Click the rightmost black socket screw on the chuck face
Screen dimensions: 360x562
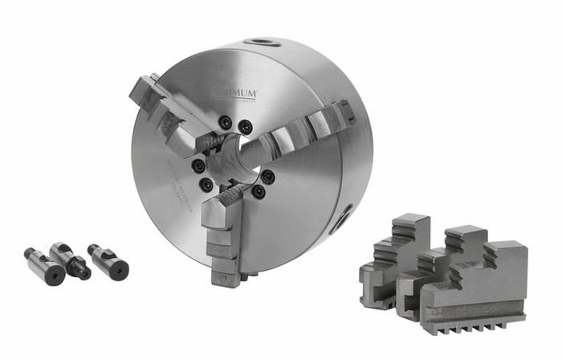[267, 176]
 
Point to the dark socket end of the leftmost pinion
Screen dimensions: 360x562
[55, 275]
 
